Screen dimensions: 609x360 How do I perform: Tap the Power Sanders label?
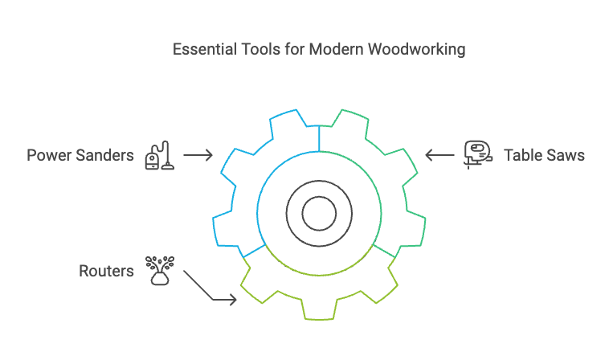(80, 155)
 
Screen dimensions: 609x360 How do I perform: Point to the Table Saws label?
(544, 155)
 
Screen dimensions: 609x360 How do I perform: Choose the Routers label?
(106, 271)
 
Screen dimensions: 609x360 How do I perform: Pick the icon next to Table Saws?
(476, 154)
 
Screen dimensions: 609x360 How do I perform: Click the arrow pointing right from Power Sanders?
(198, 155)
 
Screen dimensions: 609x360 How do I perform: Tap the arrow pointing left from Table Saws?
(439, 155)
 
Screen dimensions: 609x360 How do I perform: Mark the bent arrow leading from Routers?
(210, 288)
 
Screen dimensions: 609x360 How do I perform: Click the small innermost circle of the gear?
(319, 214)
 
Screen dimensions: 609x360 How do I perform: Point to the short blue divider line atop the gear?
(319, 138)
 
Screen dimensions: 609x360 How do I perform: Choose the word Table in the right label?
(522, 155)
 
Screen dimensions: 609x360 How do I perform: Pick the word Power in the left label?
(47, 155)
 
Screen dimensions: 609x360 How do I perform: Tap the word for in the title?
(291, 50)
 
